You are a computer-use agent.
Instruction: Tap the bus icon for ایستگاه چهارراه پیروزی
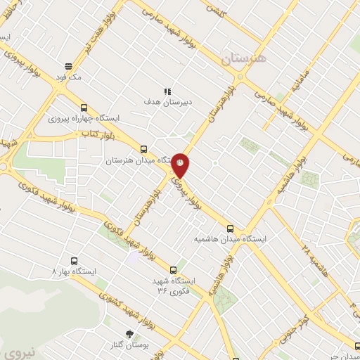tap(84, 108)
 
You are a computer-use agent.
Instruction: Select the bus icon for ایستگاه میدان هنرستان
tap(143, 150)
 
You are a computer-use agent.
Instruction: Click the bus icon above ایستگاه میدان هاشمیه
tap(231, 228)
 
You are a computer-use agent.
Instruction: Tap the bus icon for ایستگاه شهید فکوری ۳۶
tap(174, 269)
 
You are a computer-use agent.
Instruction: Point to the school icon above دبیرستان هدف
tap(167, 91)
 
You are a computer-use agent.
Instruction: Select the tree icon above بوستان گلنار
tap(128, 333)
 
